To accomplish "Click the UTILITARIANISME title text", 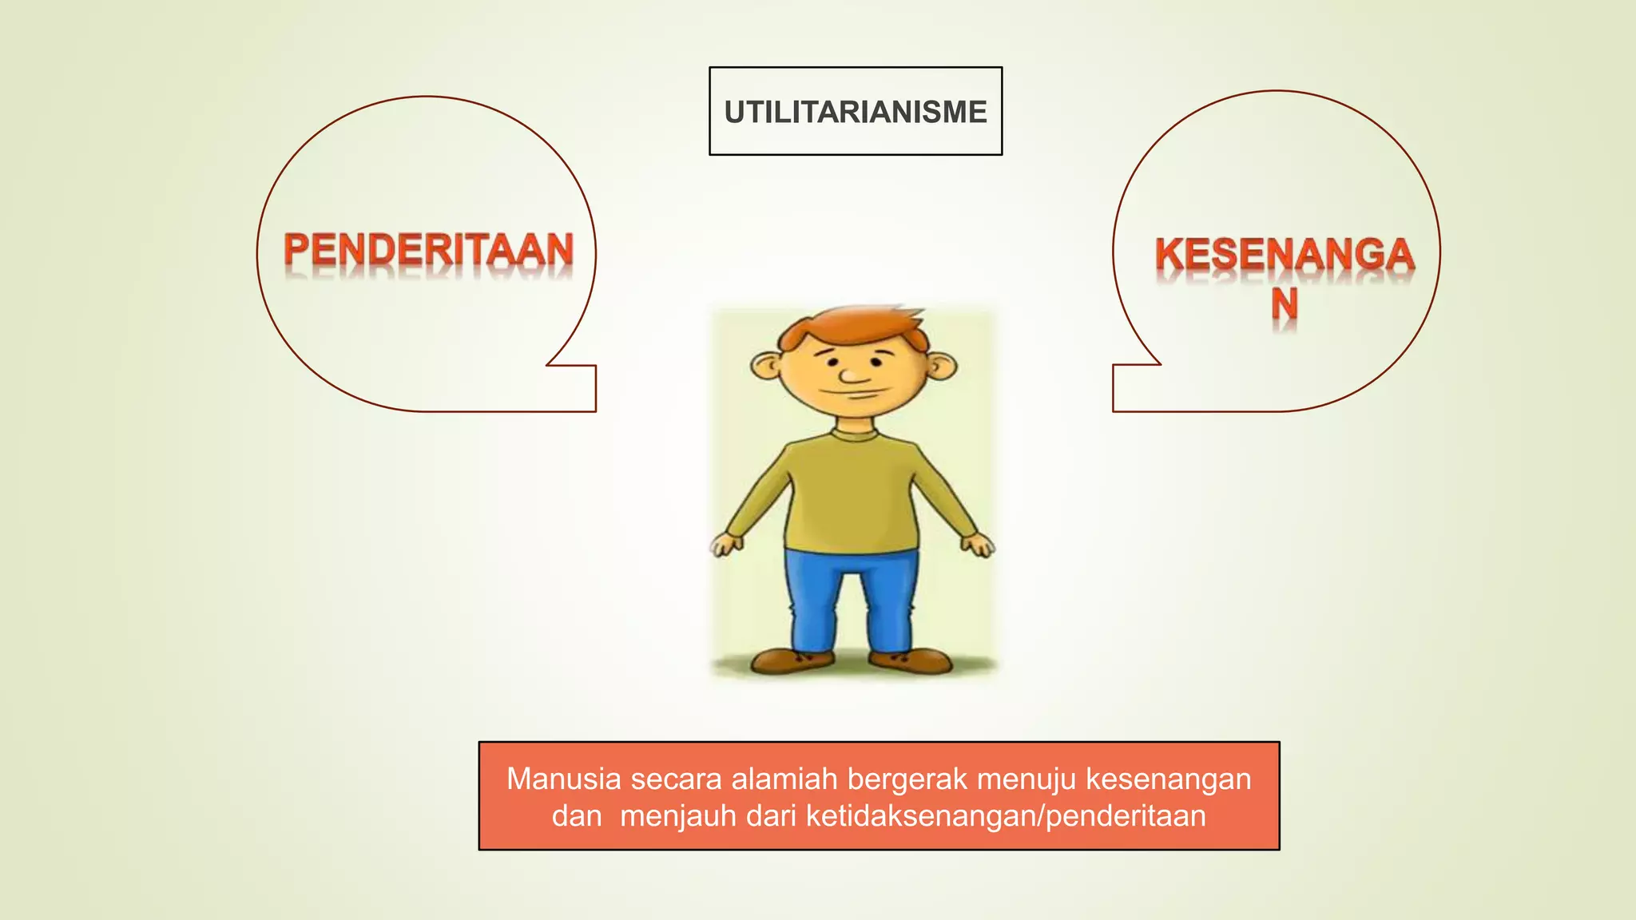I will (856, 112).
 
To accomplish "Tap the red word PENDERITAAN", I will (428, 250).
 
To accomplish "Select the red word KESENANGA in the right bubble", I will (1285, 256).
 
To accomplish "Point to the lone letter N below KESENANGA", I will (1285, 304).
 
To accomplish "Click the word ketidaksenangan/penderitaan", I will (1006, 816).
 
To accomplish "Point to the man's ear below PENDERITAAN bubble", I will (766, 367).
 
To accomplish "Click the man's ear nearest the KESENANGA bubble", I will (943, 367).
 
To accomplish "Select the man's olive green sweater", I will (852, 495).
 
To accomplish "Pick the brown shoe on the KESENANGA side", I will (911, 660).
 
